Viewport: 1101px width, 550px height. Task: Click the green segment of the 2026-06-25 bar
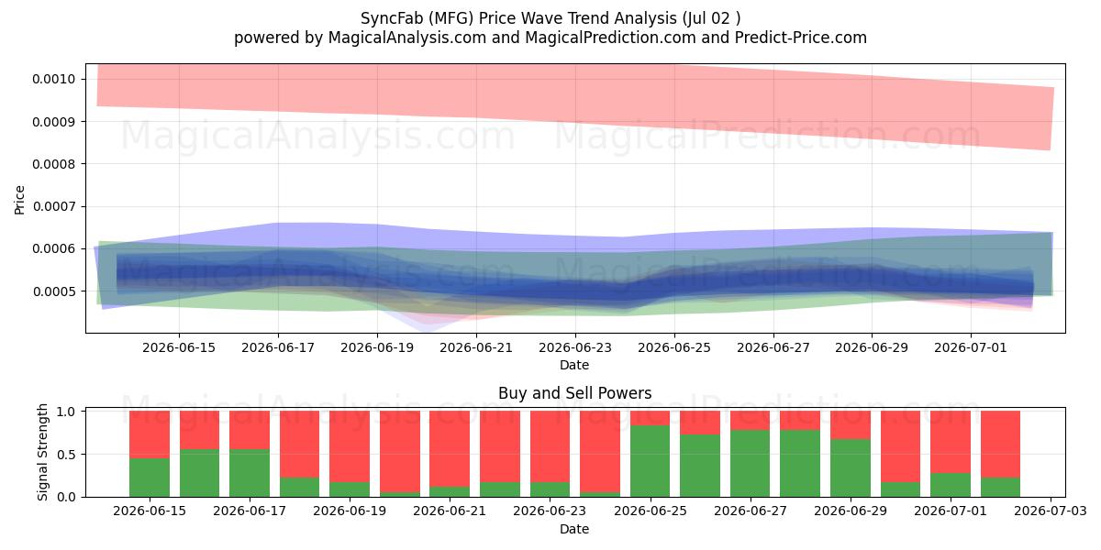(650, 460)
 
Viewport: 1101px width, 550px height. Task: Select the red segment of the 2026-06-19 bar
(350, 446)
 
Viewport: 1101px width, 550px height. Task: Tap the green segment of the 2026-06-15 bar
(150, 478)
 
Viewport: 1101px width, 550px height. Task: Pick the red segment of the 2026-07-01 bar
(951, 442)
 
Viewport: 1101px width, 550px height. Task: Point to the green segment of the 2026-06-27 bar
(751, 464)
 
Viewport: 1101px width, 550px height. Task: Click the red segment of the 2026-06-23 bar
(550, 446)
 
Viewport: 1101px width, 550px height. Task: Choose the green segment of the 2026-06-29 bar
(851, 468)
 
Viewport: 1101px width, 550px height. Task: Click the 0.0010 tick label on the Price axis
(53, 79)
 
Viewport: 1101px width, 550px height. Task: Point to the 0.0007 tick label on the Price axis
(53, 206)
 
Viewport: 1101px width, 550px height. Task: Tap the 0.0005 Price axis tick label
(53, 291)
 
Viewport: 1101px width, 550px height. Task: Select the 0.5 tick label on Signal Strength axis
(66, 455)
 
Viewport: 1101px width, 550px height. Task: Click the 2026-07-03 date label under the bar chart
(1051, 511)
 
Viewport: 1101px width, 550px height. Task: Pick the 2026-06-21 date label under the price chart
(476, 347)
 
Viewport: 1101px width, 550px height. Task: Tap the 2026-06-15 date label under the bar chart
(150, 511)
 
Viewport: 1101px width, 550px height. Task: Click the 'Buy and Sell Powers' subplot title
(575, 393)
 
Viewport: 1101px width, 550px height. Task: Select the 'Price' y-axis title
(19, 200)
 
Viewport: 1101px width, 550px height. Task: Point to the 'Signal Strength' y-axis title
(42, 452)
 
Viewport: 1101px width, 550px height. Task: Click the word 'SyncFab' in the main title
(392, 18)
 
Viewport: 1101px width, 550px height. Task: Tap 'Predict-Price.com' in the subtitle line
(801, 38)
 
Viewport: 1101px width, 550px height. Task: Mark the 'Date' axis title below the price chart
(574, 365)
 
